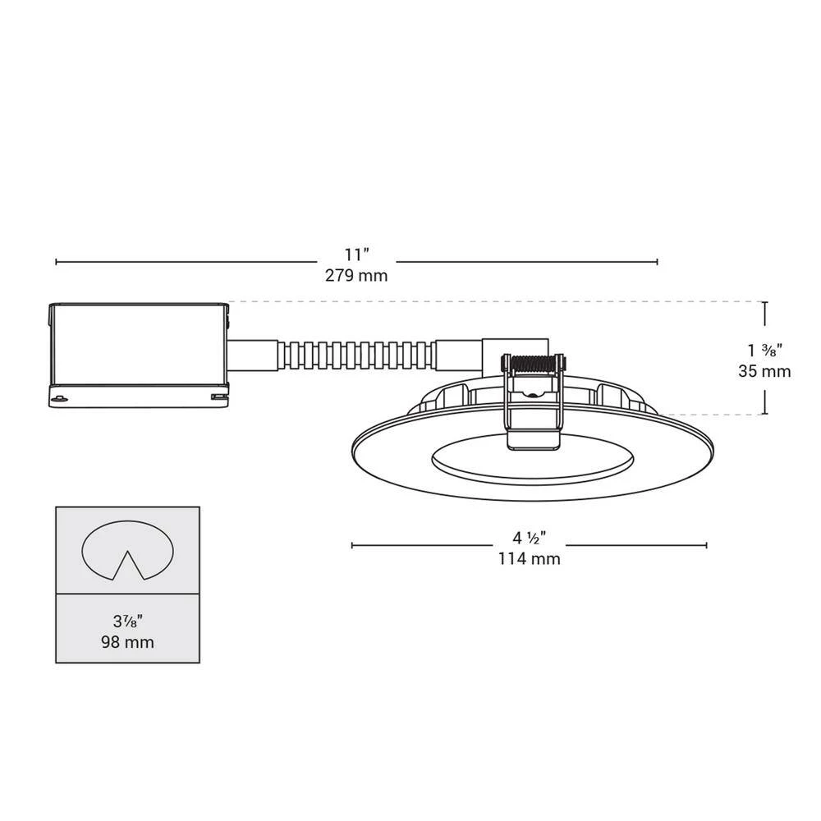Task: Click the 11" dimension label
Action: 356,255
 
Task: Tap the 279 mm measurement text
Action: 356,275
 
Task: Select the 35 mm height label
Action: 764,371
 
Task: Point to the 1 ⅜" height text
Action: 765,350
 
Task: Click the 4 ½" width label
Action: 530,538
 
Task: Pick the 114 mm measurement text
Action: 530,558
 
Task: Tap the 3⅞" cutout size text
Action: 128,621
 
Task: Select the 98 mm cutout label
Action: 128,642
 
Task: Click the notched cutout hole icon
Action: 128,550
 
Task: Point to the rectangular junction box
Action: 139,355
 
